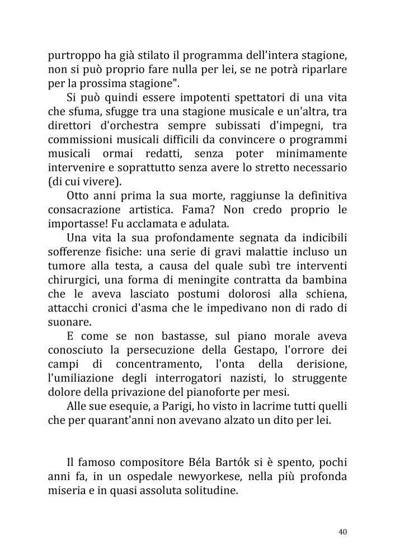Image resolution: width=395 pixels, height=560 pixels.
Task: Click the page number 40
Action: pos(343,531)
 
